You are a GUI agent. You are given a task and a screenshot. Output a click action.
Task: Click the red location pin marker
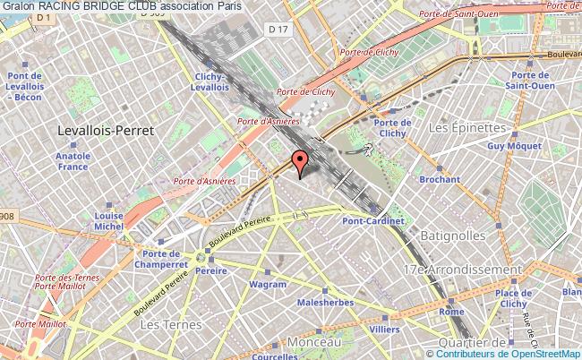(x=300, y=161)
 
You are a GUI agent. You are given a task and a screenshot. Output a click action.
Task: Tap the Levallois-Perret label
(x=106, y=130)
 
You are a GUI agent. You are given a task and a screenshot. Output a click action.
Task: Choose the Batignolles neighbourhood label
(x=454, y=235)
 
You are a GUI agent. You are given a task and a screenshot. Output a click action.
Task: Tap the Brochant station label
(x=440, y=179)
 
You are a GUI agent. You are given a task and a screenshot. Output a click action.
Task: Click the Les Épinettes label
(x=461, y=129)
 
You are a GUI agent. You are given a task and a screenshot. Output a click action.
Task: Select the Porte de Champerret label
(x=157, y=259)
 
